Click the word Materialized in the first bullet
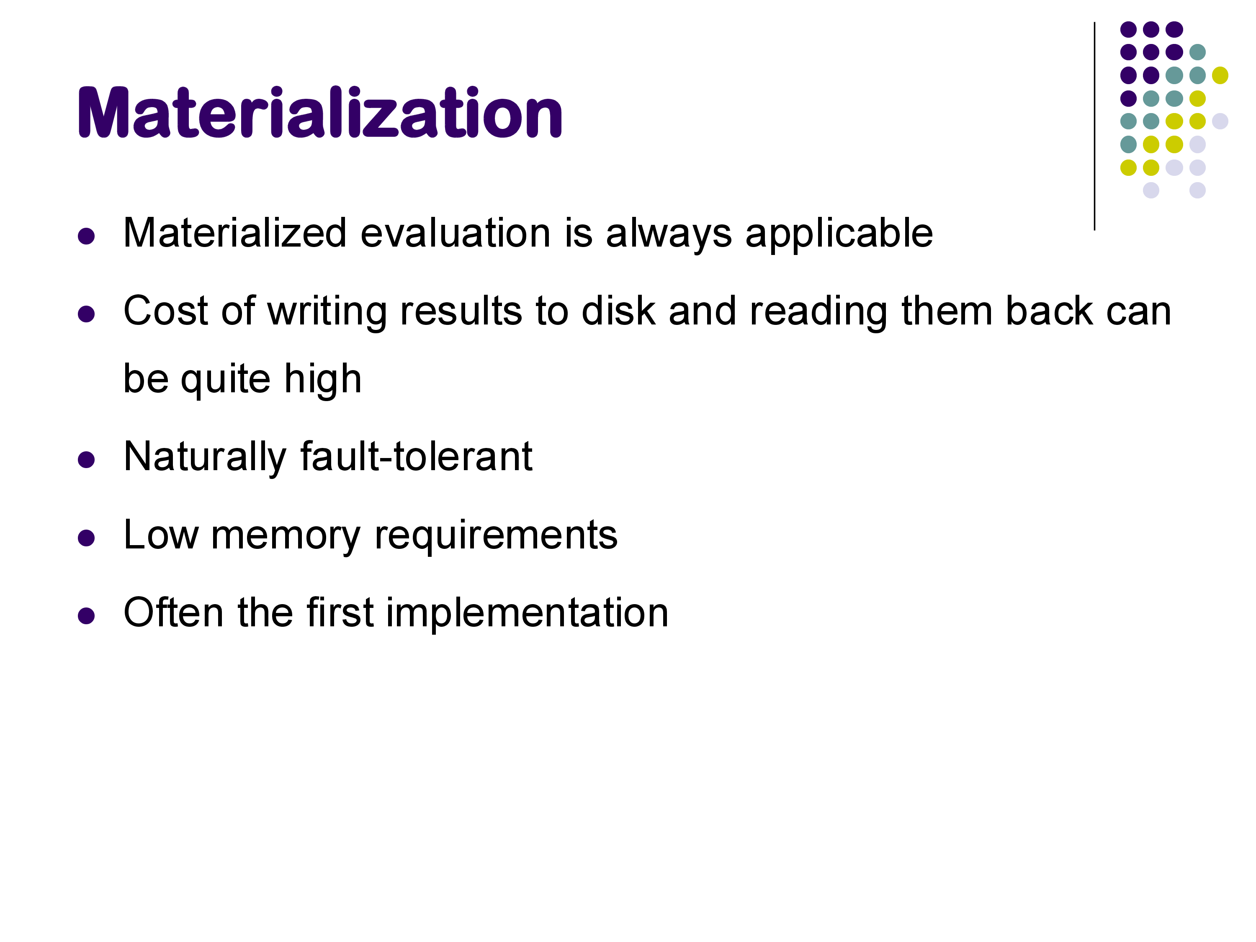pos(235,233)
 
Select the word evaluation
pos(456,233)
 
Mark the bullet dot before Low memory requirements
pos(86,538)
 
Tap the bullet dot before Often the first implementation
pos(86,615)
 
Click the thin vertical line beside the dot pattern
pos(1094,126)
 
